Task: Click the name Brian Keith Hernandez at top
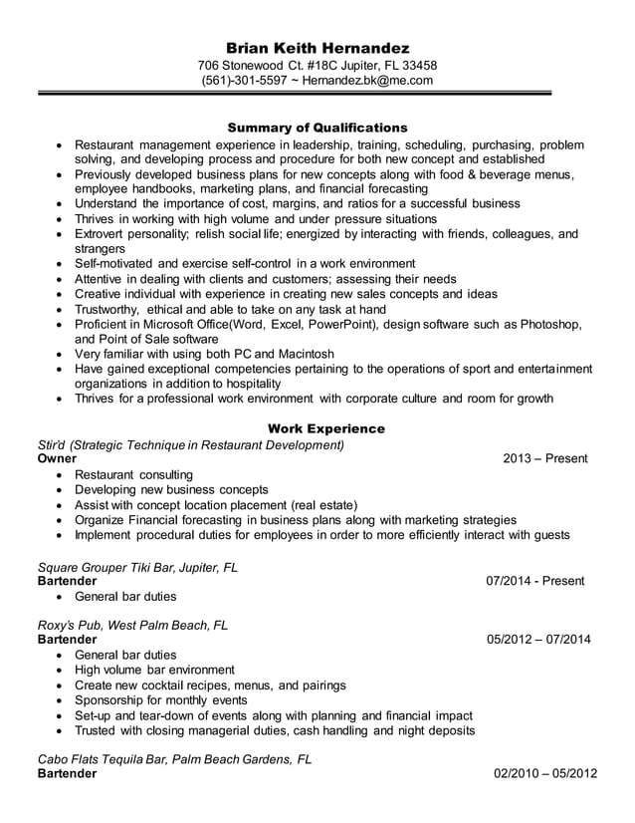click(x=317, y=48)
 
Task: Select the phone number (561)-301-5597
click(x=244, y=81)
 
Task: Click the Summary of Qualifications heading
click(x=317, y=128)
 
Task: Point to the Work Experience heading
click(x=317, y=428)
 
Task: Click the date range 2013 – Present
click(x=545, y=458)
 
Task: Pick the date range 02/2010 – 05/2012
click(x=545, y=774)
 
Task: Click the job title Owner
click(x=57, y=459)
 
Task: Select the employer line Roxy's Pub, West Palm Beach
click(x=132, y=625)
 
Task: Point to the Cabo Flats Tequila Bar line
click(x=174, y=758)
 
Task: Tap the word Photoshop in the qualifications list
click(x=545, y=324)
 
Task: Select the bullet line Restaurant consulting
click(x=134, y=474)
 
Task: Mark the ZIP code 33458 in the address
click(x=417, y=66)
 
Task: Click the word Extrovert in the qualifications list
click(x=106, y=233)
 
